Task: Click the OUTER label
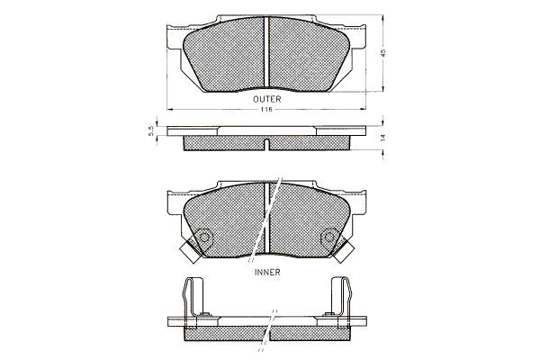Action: pos(267,99)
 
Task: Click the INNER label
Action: pos(267,272)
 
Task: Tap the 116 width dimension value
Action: pos(265,110)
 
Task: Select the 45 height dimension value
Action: pos(383,53)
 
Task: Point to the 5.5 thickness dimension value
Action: pos(150,130)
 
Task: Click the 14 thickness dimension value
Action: pos(383,138)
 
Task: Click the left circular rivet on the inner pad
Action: pos(204,238)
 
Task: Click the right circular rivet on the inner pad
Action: pos(329,238)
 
